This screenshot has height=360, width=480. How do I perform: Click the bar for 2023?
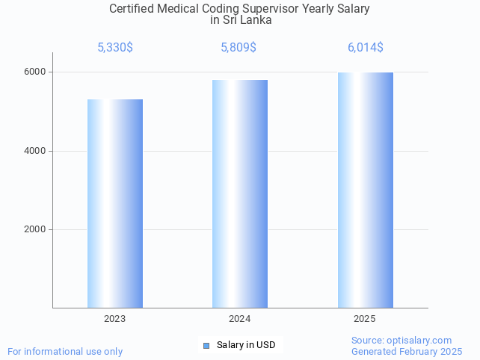click(115, 203)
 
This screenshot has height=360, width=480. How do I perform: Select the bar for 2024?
click(240, 193)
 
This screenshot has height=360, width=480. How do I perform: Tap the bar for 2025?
click(365, 190)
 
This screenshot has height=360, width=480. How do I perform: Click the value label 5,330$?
click(115, 48)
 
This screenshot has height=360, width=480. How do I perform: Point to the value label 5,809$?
click(239, 48)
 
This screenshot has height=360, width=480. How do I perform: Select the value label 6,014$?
click(366, 48)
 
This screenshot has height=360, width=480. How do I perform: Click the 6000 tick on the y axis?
click(34, 72)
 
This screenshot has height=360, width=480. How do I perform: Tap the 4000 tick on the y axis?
click(34, 151)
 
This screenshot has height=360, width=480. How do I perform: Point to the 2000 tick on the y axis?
click(34, 230)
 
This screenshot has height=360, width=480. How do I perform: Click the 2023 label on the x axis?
click(115, 319)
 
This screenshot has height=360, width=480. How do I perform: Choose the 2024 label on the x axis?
click(240, 319)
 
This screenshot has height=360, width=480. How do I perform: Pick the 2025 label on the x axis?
click(365, 319)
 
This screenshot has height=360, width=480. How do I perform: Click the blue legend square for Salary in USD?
click(206, 345)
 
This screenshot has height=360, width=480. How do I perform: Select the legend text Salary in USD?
click(246, 345)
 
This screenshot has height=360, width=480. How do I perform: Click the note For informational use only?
click(65, 351)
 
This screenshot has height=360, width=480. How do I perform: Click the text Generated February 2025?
click(407, 351)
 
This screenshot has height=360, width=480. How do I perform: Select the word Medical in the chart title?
click(182, 9)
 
